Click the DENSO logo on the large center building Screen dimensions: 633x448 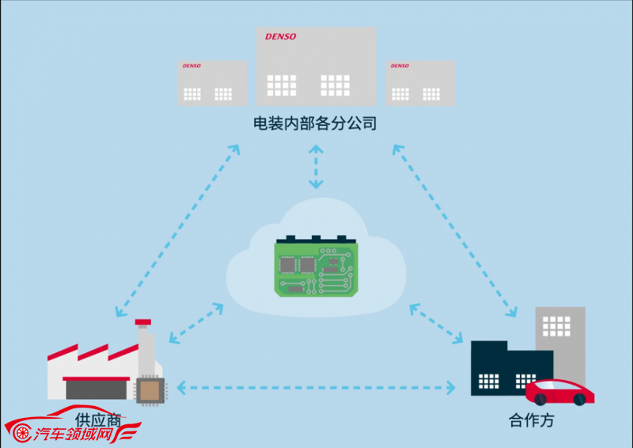(x=281, y=36)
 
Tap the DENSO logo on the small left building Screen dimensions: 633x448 (x=191, y=66)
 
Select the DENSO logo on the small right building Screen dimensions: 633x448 (x=400, y=66)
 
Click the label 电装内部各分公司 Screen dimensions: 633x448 (x=315, y=123)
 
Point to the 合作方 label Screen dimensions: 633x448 (x=531, y=420)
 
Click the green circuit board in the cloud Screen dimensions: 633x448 (x=316, y=266)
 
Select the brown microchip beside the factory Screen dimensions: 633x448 (x=150, y=391)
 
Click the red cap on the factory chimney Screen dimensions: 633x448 (x=143, y=322)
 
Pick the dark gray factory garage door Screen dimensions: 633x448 (x=97, y=389)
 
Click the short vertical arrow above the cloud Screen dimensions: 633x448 (x=316, y=167)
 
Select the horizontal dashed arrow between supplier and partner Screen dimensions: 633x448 (x=316, y=388)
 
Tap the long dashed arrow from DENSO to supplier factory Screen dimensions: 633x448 (x=177, y=230)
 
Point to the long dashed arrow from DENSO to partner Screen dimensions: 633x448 (x=454, y=230)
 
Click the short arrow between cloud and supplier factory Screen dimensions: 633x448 (x=196, y=323)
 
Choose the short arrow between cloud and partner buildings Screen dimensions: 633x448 (x=437, y=324)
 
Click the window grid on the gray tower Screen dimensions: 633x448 (x=556, y=326)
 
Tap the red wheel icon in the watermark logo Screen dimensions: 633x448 (x=22, y=433)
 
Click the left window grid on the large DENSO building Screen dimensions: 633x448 (x=282, y=85)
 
